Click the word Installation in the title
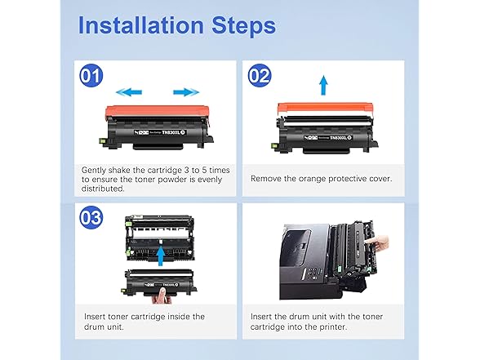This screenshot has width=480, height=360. [x=140, y=26]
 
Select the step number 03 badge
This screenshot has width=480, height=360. [x=93, y=217]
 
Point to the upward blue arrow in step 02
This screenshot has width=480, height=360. [x=322, y=84]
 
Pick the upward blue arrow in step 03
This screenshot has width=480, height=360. [x=159, y=256]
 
